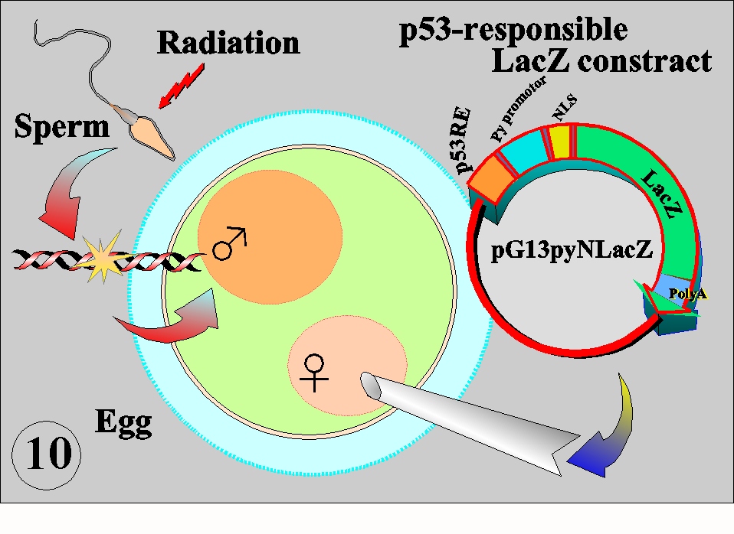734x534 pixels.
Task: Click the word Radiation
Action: pyautogui.click(x=228, y=43)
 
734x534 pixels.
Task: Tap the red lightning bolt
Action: pyautogui.click(x=182, y=86)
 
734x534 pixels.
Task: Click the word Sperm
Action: pyautogui.click(x=62, y=127)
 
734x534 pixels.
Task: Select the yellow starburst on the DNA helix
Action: pyautogui.click(x=102, y=257)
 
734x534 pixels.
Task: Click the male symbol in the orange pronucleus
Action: pyautogui.click(x=229, y=243)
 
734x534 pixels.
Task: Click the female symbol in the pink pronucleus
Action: pyautogui.click(x=314, y=373)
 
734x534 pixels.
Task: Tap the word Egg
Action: pyautogui.click(x=123, y=422)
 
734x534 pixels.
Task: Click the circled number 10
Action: pyautogui.click(x=46, y=454)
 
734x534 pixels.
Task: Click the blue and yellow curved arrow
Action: pyautogui.click(x=604, y=430)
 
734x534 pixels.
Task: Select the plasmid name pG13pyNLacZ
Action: pyautogui.click(x=572, y=249)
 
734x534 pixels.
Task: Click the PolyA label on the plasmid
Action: pyautogui.click(x=687, y=294)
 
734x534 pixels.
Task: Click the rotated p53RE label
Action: pyautogui.click(x=462, y=140)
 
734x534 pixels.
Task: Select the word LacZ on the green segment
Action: pyautogui.click(x=662, y=194)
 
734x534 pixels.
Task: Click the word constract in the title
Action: pyautogui.click(x=644, y=62)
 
